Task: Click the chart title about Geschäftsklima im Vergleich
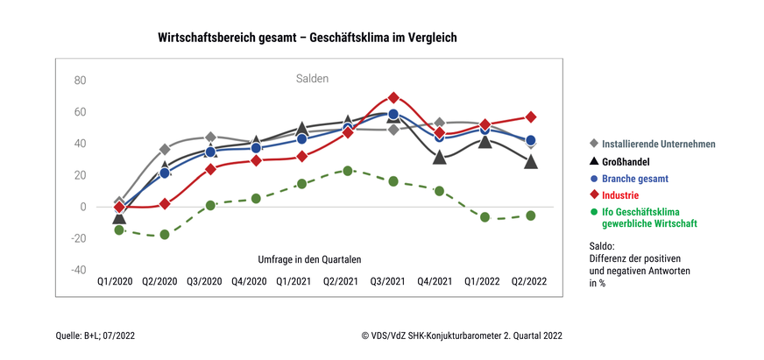pos(308,38)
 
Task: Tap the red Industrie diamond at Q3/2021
pos(393,97)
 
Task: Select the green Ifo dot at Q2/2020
pos(164,235)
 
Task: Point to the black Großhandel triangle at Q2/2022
pos(530,162)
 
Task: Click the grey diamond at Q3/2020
pos(210,138)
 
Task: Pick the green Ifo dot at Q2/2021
pos(348,171)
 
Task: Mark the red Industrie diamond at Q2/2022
pos(530,116)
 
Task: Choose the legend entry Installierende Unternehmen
pos(654,143)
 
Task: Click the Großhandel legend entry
pos(632,162)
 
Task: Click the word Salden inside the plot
pos(311,79)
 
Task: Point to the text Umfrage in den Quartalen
pos(309,260)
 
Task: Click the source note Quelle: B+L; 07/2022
pos(95,335)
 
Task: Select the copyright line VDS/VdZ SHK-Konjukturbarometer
pos(461,335)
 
